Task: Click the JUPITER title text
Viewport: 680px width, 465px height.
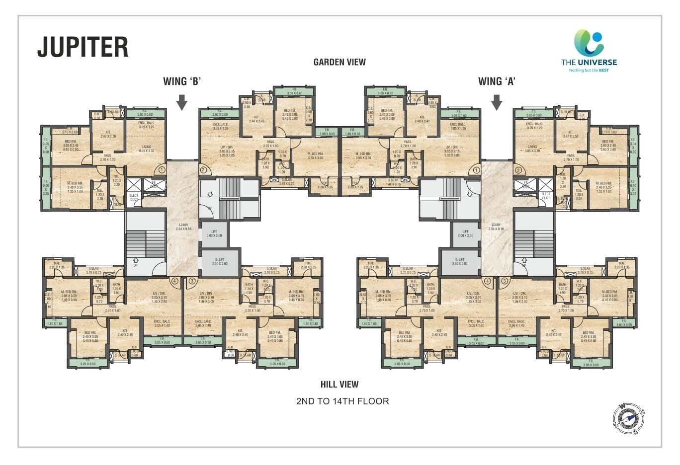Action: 83,47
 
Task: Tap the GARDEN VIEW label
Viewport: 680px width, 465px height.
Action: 340,62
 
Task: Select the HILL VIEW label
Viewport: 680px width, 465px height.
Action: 340,384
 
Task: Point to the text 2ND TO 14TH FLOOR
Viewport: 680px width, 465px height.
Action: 342,401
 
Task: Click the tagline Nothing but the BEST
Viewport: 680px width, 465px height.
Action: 589,71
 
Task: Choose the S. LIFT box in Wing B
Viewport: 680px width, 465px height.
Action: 220,262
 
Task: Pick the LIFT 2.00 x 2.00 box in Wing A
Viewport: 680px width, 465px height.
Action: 465,234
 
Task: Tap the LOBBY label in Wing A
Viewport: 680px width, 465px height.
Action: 496,227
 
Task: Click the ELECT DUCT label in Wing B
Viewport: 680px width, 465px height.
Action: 134,197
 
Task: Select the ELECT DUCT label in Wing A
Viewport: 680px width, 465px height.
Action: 545,196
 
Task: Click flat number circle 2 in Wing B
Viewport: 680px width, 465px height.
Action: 203,170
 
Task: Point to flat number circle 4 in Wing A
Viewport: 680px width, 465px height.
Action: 488,281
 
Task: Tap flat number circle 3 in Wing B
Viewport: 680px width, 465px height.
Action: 192,281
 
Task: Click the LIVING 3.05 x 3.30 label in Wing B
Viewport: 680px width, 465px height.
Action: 146,149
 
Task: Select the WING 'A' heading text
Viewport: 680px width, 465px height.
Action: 496,81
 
